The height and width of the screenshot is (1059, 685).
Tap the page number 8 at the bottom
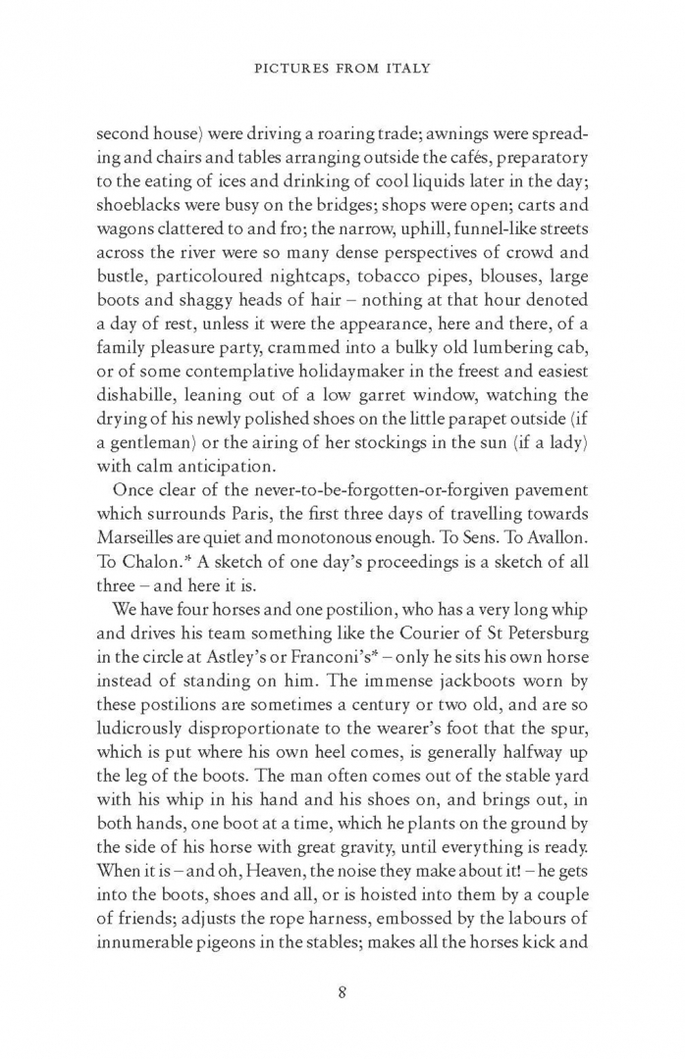point(342,990)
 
